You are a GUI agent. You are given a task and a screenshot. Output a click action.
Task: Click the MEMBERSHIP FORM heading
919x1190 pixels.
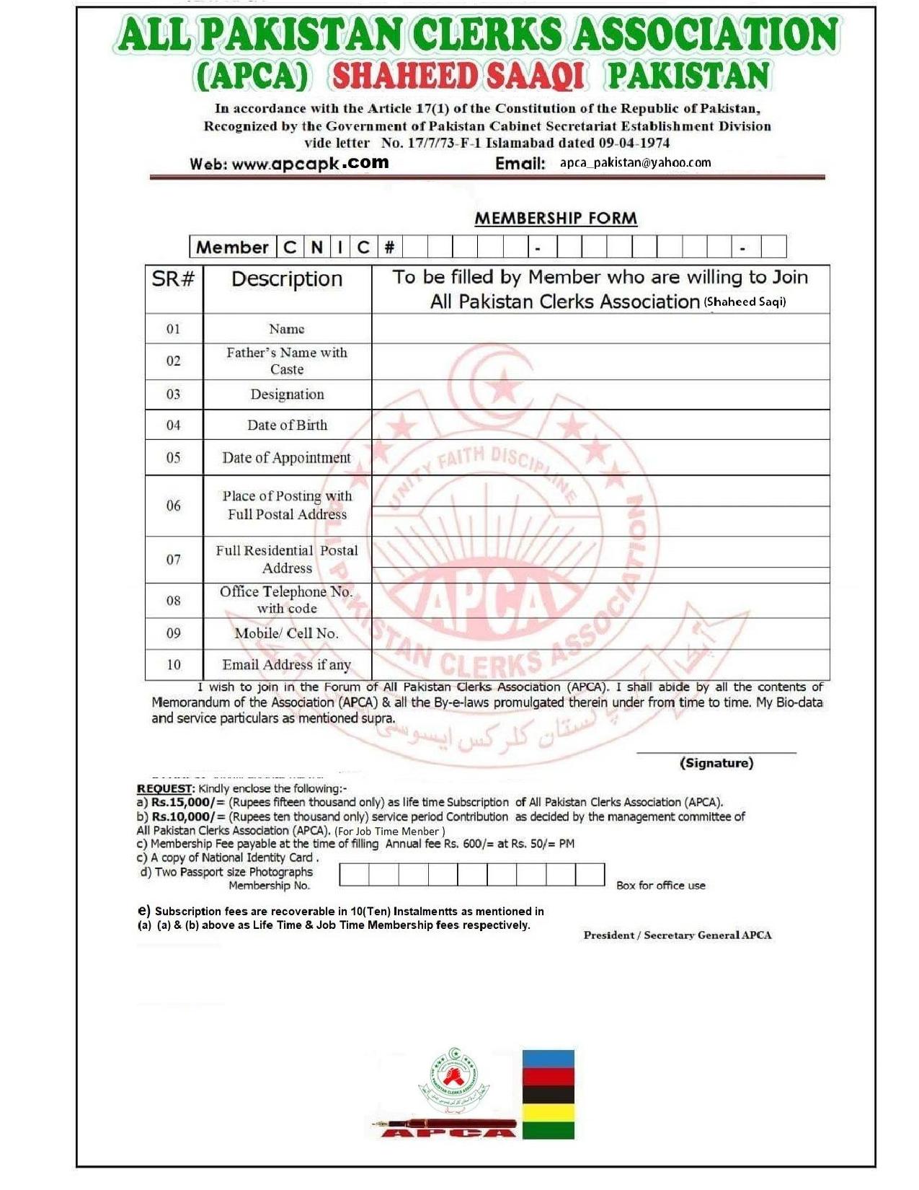tap(555, 218)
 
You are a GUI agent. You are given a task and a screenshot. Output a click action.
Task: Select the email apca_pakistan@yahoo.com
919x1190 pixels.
tap(635, 163)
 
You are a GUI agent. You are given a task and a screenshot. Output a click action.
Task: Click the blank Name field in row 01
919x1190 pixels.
tap(600, 329)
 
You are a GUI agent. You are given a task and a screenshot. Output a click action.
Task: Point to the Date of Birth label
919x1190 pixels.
tap(287, 426)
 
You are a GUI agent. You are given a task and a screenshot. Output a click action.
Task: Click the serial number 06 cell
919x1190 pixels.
tap(174, 506)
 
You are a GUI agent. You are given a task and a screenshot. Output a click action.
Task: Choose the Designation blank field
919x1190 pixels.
tap(600, 395)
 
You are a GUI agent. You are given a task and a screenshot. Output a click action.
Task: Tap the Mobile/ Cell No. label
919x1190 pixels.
tap(286, 633)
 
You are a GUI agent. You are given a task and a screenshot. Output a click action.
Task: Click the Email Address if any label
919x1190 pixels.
tap(286, 664)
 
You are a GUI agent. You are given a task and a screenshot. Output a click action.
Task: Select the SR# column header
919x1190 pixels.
tap(173, 279)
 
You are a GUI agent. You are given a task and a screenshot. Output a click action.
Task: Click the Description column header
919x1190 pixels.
tap(286, 279)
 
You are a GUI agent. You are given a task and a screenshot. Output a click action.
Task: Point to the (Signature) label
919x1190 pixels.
tap(716, 763)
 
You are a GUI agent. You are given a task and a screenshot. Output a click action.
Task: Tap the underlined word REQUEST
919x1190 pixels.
tap(165, 788)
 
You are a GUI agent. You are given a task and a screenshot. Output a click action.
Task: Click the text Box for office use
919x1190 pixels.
tap(660, 885)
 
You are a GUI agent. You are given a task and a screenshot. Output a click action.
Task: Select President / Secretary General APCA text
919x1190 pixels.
tap(677, 935)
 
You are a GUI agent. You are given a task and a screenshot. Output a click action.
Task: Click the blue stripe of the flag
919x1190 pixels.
tap(548, 1059)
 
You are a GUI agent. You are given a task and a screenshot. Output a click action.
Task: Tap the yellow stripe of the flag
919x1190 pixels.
tap(548, 1112)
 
